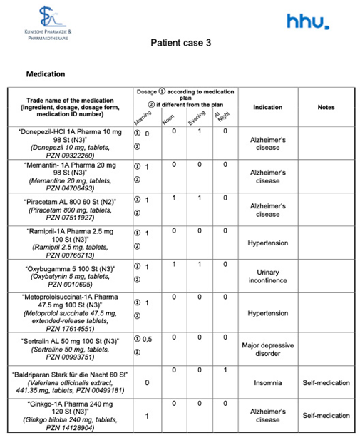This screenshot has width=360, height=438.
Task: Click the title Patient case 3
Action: point(180,43)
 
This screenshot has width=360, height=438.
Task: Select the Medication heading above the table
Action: point(46,73)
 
